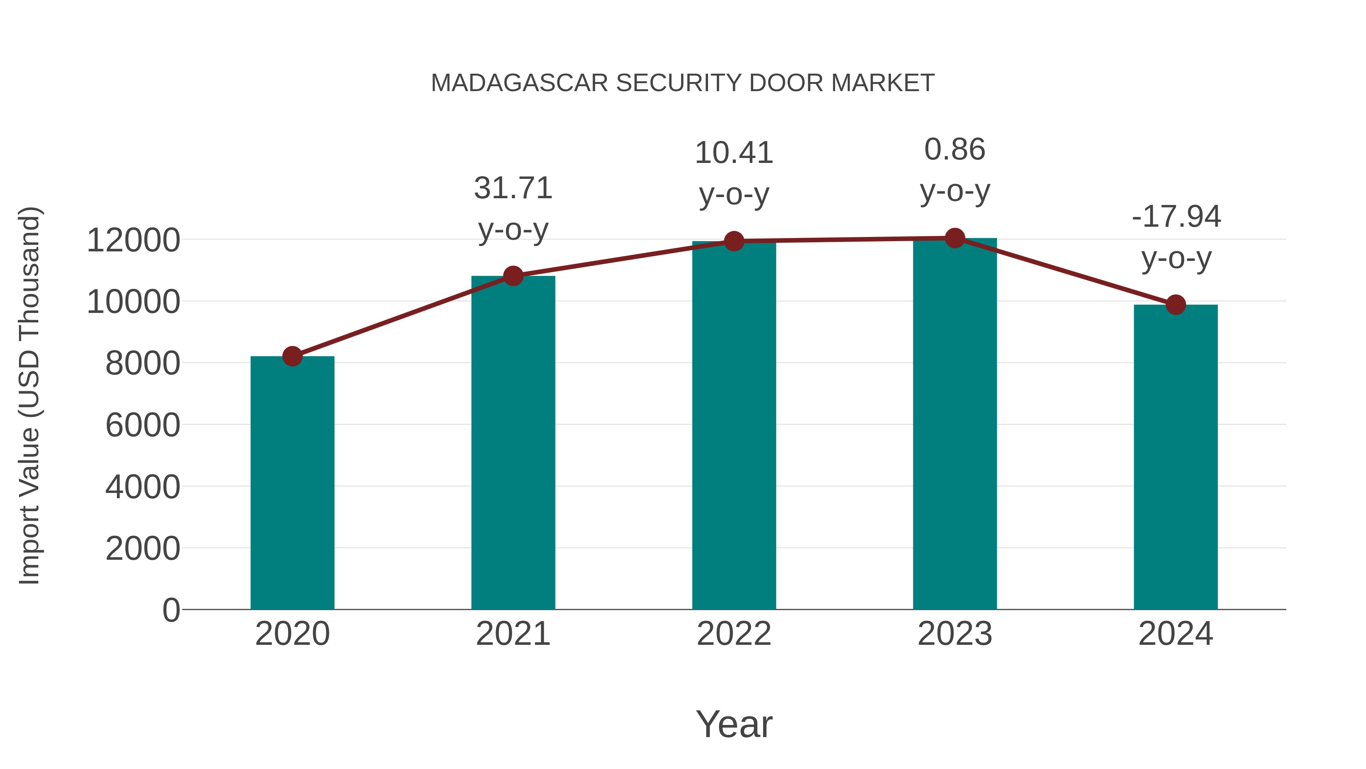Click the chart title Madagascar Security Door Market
[683, 83]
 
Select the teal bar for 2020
[292, 483]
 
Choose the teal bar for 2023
[955, 424]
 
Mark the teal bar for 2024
[1176, 457]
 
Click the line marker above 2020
[292, 356]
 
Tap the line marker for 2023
[955, 238]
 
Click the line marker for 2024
[1176, 305]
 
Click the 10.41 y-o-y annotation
[734, 174]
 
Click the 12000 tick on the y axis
[133, 240]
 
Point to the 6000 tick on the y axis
[143, 425]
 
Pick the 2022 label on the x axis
[734, 634]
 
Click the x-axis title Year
[734, 724]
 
